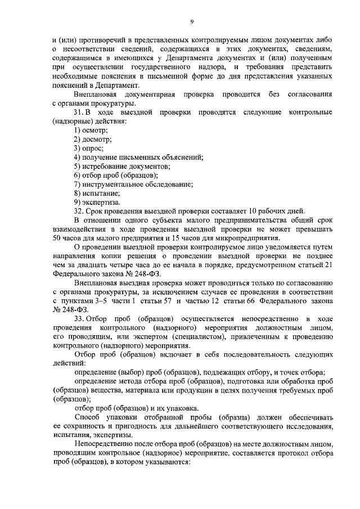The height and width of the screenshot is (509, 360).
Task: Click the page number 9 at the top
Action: (x=191, y=21)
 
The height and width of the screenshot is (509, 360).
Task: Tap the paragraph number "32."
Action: (x=79, y=211)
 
